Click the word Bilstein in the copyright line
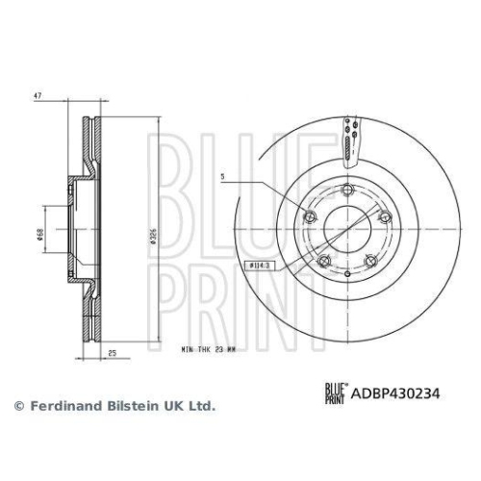click(124, 406)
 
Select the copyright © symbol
click(17, 406)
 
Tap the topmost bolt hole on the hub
click(348, 189)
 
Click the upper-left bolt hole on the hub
click(310, 216)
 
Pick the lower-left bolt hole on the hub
click(324, 262)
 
